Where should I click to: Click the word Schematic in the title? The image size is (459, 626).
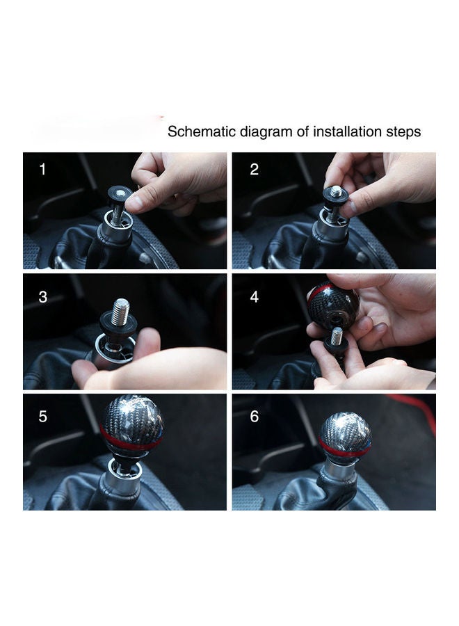[202, 131]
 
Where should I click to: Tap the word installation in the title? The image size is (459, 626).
[347, 131]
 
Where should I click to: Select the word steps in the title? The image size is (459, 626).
[403, 132]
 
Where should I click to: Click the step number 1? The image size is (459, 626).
[42, 169]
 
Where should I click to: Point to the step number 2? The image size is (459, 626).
[254, 169]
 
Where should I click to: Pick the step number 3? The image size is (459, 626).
[42, 297]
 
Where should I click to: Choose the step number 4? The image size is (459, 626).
[255, 297]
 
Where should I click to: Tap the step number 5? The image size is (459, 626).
[42, 417]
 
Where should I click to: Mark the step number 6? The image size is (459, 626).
[255, 417]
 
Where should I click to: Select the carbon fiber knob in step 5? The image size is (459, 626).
[132, 422]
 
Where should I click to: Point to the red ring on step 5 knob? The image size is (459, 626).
[131, 442]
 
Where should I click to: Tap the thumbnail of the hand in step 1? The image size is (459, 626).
[134, 202]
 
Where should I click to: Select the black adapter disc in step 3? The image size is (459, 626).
[118, 321]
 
